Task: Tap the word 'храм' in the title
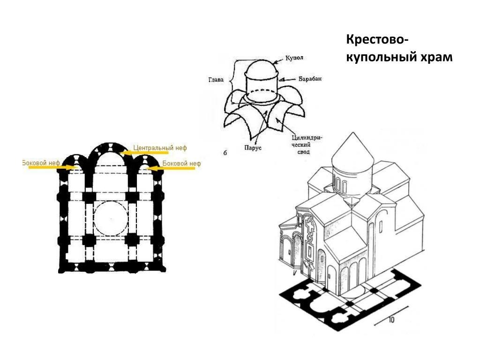point(436,57)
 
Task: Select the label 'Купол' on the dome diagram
point(294,58)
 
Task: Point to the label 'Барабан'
point(310,79)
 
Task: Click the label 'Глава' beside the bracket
point(216,80)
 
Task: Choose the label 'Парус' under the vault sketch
point(253,148)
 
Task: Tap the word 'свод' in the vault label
point(303,151)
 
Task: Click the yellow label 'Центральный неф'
point(160,148)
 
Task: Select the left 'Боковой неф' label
point(41,163)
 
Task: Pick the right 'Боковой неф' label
point(181,164)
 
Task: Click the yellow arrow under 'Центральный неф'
point(144,152)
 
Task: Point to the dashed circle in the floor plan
point(111,218)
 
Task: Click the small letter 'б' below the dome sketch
point(225,153)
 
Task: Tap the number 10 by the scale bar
point(391,320)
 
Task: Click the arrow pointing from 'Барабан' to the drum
point(288,79)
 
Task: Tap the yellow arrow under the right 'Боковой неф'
point(171,168)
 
